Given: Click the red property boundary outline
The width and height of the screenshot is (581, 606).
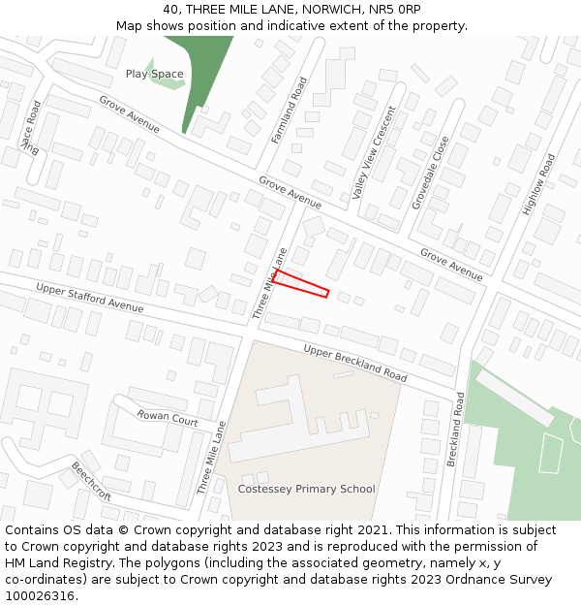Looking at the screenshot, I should coord(301,283).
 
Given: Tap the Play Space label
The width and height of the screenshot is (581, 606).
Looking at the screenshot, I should coord(154,74).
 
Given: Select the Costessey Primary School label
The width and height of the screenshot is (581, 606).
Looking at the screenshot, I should coord(306,490).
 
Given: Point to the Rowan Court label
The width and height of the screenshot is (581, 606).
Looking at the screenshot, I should coord(168,419).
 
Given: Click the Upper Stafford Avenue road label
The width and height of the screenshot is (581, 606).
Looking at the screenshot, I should coord(89,298).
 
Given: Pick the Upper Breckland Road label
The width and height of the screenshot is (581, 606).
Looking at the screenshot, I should coord(354,362).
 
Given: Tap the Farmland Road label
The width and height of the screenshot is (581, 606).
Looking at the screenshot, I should coord(289,112).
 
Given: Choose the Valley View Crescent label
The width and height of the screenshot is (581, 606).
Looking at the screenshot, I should coord(374,152).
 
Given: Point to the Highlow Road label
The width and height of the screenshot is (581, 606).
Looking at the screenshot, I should coord(539,183).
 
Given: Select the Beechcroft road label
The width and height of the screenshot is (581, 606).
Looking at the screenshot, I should coord(91,482).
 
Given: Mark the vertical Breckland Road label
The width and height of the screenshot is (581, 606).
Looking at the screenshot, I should coord(456,431).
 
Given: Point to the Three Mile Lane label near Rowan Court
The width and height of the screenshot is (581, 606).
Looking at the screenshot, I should coord(212,458).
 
